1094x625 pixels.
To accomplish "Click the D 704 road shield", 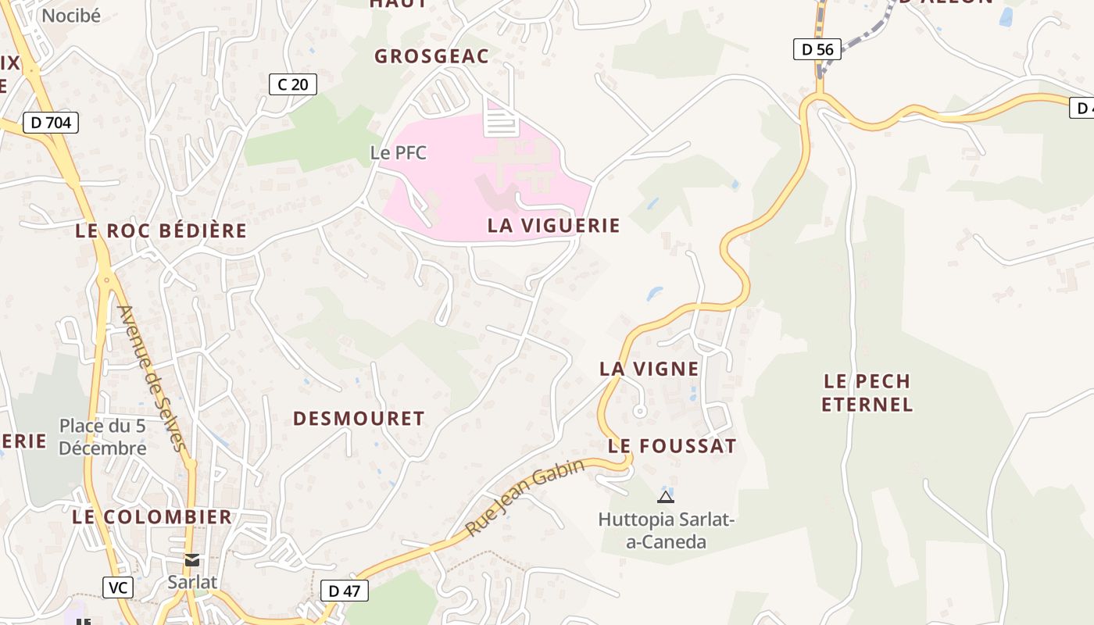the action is coord(51,123).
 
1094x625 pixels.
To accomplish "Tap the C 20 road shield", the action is coord(293,84).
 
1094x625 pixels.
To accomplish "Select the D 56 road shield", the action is coord(817,49).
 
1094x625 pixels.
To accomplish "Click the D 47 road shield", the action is coord(344,591).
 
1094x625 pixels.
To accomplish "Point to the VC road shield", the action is coord(118,587).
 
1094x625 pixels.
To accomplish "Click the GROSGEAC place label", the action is coord(431,56).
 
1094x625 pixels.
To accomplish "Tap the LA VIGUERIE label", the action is coord(553,226).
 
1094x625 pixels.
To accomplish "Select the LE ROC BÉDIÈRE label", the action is coord(161,230).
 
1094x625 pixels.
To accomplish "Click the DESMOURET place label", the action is coord(359,419).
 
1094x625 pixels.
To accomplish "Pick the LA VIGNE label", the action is coord(649,369).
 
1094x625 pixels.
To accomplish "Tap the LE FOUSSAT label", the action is coord(672,446).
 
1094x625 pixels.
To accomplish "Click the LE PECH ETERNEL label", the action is coord(867,393).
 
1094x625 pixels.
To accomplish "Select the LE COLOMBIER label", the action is coord(152,517).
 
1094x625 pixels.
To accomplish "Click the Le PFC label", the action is coord(399,152).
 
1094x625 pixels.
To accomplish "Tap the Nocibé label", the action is coord(71,16).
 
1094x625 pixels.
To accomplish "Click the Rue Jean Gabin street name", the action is coord(525,498).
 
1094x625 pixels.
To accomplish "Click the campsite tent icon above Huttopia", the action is coord(666,497).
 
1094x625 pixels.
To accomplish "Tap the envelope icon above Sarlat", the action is coord(192,560).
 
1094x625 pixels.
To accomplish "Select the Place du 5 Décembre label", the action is coord(102,437).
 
